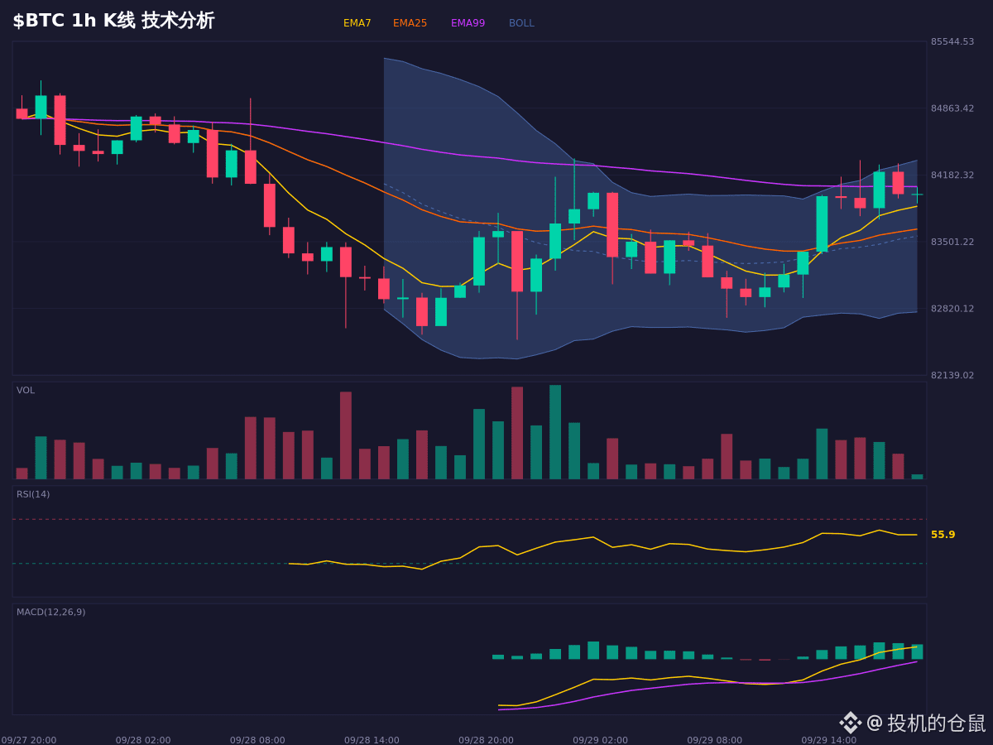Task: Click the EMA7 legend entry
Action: tap(357, 23)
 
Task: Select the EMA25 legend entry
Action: tap(410, 23)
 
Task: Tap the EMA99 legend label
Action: tap(468, 23)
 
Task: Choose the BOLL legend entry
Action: tap(521, 23)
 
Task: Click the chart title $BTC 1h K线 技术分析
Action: tap(113, 21)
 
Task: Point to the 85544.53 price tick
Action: tap(952, 41)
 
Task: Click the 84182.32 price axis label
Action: tap(952, 175)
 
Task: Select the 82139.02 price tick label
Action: tap(952, 375)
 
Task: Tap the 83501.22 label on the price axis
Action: tap(952, 242)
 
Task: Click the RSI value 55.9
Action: tap(943, 535)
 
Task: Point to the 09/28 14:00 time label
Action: tap(372, 740)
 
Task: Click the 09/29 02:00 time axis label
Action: tap(600, 740)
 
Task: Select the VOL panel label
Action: tap(26, 391)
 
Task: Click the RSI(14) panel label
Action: tap(33, 494)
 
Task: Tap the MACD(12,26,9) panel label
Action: tap(50, 612)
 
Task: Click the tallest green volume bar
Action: tap(555, 432)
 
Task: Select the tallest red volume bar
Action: tap(517, 433)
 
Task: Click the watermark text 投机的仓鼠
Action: tap(936, 723)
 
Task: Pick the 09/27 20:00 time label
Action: tap(28, 740)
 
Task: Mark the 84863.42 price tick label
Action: tap(952, 108)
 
